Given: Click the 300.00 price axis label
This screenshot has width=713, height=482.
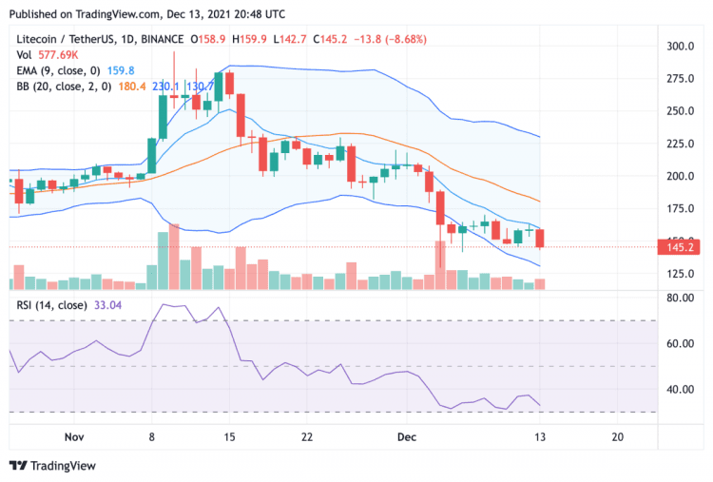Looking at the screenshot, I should (x=679, y=46).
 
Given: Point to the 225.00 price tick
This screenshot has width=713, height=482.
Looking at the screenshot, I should (x=679, y=144).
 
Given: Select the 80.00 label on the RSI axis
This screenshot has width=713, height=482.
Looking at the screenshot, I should (x=678, y=298).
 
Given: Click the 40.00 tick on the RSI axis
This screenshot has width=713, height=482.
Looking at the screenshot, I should (x=678, y=389).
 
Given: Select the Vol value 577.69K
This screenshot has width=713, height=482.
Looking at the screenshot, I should (x=56, y=55).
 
